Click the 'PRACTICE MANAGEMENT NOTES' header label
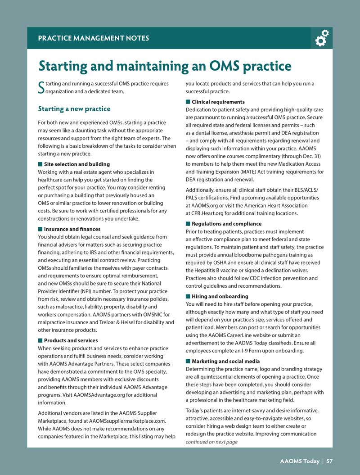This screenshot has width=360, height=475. point(94,38)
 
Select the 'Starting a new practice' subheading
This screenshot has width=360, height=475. point(74,109)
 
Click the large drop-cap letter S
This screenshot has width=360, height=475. point(41,87)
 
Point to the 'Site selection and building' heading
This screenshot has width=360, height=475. point(77,164)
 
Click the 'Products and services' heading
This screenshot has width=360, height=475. point(71,340)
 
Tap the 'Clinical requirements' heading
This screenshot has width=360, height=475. point(218,102)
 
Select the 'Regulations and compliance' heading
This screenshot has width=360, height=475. point(226,224)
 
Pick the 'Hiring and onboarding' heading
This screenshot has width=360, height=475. point(220,296)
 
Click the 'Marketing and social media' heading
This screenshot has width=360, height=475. point(226,361)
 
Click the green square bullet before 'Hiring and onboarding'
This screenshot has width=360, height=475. point(188,296)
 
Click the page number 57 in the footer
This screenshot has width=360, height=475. point(329,461)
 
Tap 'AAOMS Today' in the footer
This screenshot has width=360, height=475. point(299,461)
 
